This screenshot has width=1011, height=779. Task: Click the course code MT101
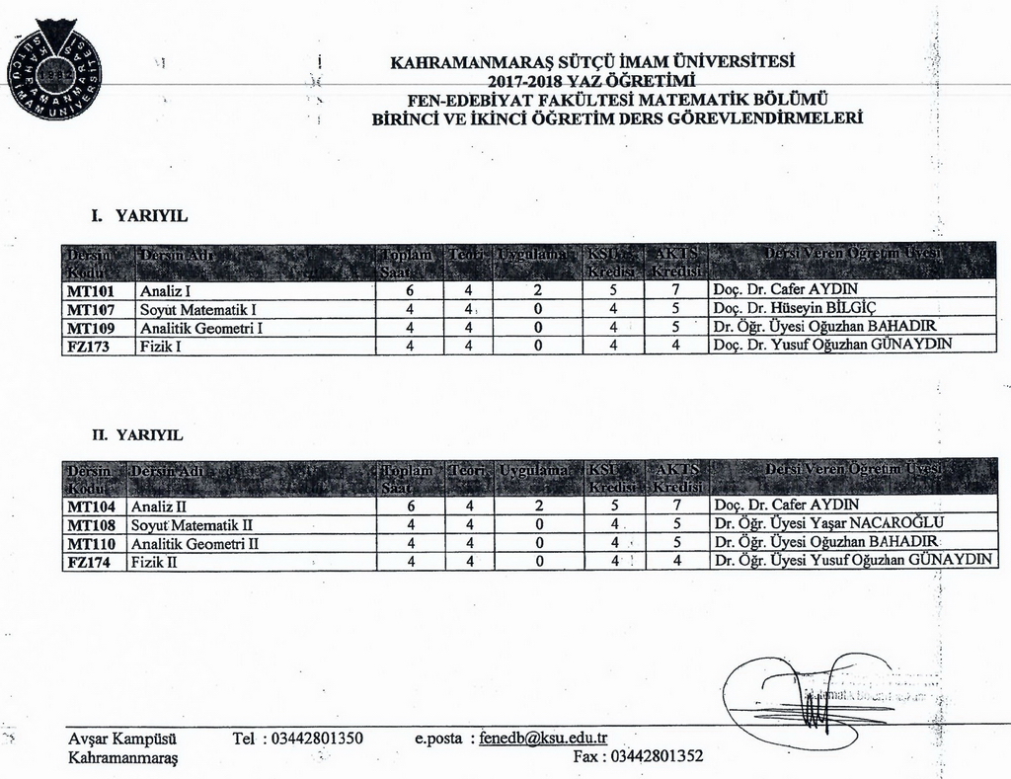[x=91, y=291]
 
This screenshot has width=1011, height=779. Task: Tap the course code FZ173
[x=89, y=346]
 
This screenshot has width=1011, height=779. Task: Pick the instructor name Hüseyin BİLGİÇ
[x=800, y=309]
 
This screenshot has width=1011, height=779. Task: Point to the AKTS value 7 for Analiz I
[x=675, y=291]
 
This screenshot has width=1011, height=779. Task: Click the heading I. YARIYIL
[x=139, y=215]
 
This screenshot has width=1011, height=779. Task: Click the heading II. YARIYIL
[x=137, y=434]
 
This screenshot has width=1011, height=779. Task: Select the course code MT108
[x=92, y=524]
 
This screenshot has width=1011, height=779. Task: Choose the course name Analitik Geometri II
[x=194, y=543]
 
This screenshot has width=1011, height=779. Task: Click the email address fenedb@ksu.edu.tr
[x=543, y=738]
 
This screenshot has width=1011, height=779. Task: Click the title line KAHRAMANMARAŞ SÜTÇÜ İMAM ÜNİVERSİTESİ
[x=593, y=61]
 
